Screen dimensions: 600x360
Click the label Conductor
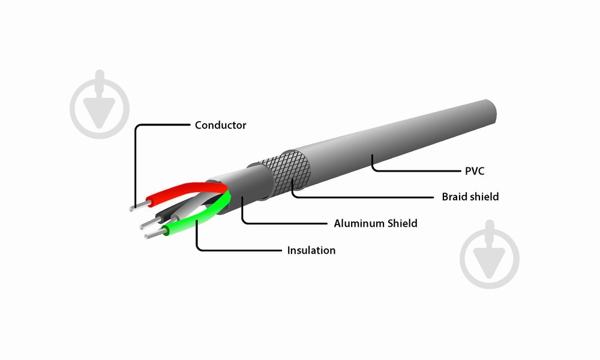pyautogui.click(x=220, y=125)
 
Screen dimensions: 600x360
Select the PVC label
pyautogui.click(x=475, y=171)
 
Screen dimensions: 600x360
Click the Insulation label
pyautogui.click(x=311, y=250)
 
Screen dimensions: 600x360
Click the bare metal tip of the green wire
pyautogui.click(x=155, y=233)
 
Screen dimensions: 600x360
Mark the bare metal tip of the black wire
pyautogui.click(x=149, y=223)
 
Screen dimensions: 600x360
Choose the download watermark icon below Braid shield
pyautogui.click(x=490, y=254)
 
